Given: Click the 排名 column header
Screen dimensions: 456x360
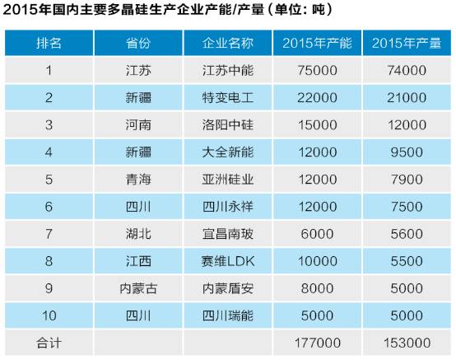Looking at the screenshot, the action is point(49,43).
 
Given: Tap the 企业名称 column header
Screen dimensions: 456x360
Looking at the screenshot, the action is point(228,43).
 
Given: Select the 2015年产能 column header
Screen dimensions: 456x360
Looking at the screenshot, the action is point(317,43).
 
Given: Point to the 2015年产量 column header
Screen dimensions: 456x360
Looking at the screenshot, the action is point(407,43).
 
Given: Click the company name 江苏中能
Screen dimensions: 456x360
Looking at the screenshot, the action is point(228,70).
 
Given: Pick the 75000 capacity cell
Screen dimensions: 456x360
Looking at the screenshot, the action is point(317,70).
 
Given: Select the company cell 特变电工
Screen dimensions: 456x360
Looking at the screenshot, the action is point(228,97).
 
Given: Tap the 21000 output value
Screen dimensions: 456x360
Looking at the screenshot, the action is point(407,97).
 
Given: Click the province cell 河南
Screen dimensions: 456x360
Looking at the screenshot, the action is point(138,125).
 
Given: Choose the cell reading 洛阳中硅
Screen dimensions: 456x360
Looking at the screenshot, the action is point(228,125).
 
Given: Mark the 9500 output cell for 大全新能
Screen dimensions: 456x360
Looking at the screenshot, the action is point(407,152).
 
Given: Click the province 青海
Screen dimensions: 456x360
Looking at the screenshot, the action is point(138,180).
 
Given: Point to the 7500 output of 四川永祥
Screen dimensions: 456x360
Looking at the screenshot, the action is point(407,207).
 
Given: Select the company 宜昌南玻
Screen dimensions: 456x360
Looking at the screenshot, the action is point(228,234).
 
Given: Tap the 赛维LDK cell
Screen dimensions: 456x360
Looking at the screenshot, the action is point(228,261).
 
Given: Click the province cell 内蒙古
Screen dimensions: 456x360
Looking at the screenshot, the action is point(138,288).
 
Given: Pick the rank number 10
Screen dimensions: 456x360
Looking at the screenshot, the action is point(49,316).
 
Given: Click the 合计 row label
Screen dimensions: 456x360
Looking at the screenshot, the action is point(49,343).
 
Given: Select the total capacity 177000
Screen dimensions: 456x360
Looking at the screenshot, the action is point(317,343).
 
